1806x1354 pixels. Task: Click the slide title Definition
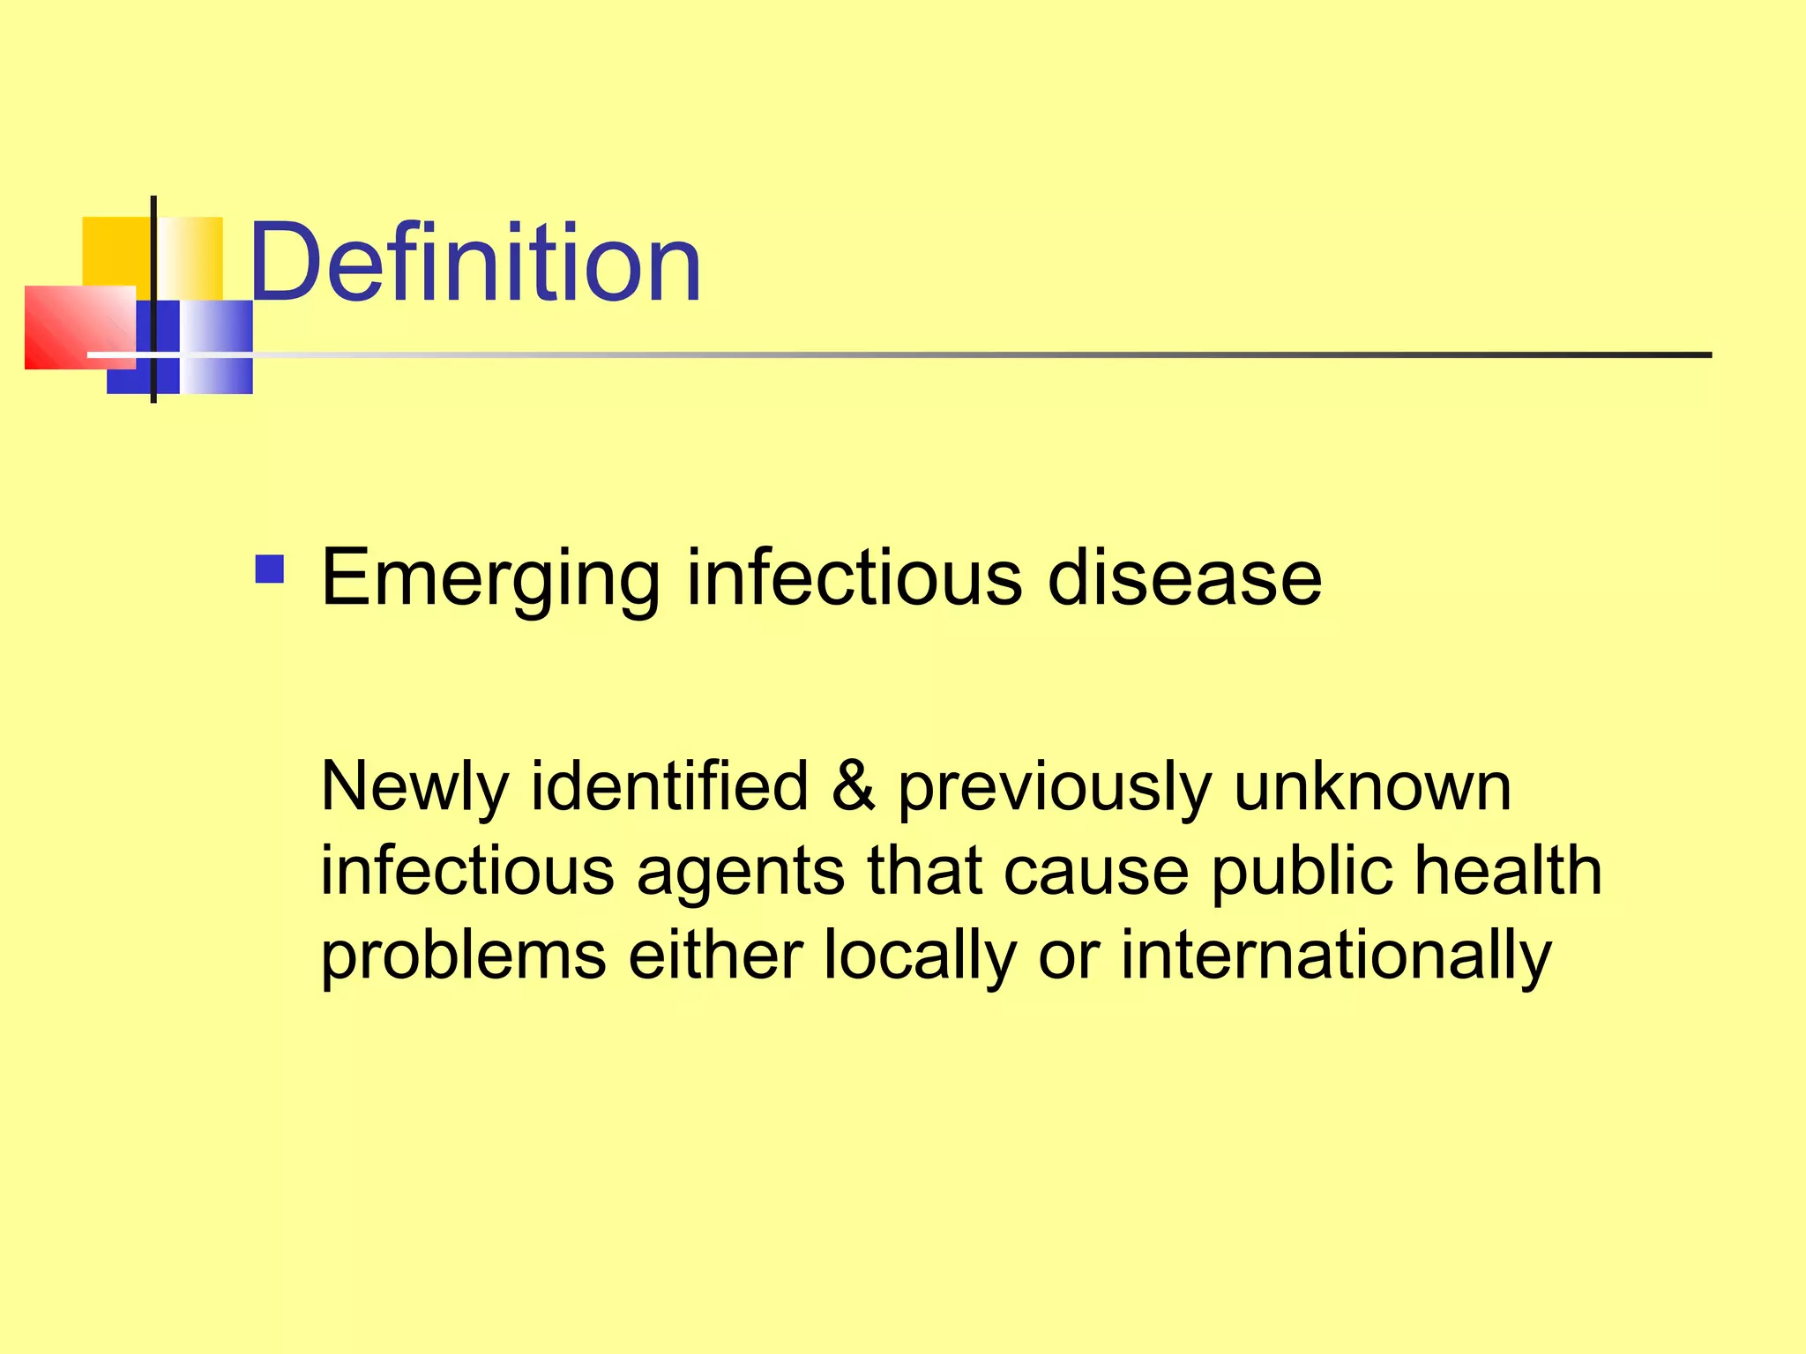[475, 263]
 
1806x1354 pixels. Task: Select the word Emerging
[490, 579]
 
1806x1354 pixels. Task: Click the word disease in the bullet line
[1184, 577]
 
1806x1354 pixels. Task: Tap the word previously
[1055, 787]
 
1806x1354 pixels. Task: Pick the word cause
[1096, 871]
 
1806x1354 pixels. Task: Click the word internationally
[1335, 955]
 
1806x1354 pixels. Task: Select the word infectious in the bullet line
[854, 577]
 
